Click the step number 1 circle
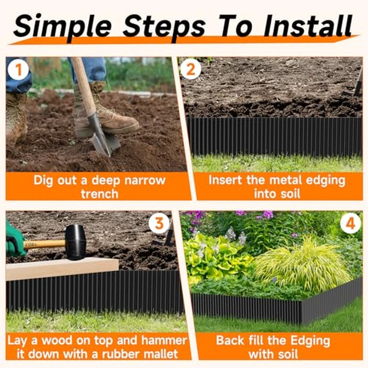[x=18, y=70]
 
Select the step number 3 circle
[x=159, y=223]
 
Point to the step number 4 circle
[x=350, y=223]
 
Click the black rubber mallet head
[x=75, y=242]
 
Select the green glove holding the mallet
[x=15, y=240]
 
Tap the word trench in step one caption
[x=99, y=193]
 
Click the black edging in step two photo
[x=273, y=137]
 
